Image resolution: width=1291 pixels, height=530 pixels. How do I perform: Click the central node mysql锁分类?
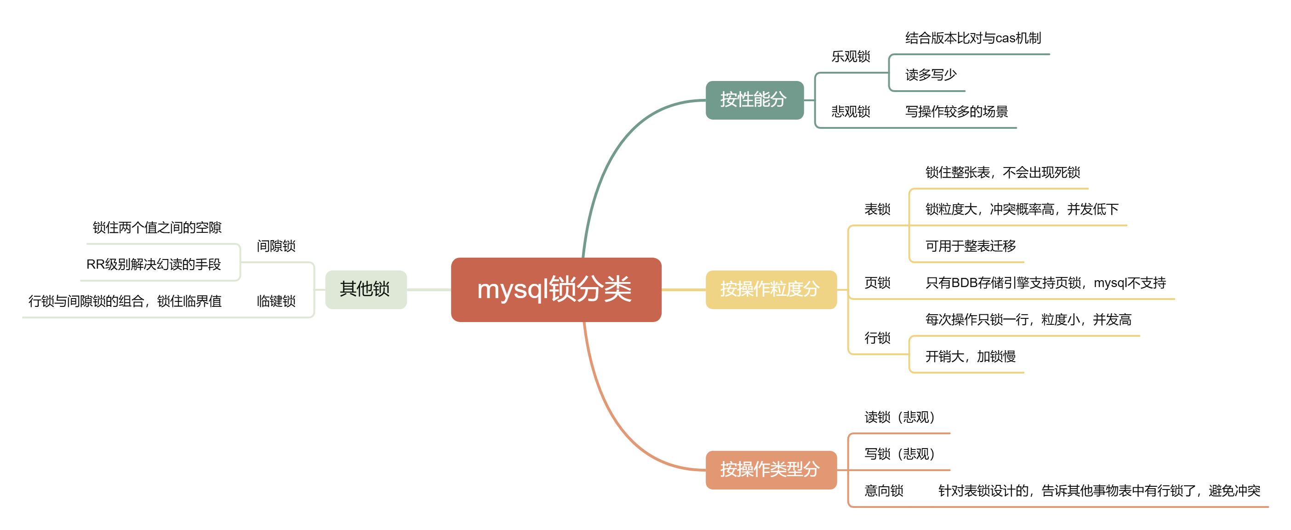556,289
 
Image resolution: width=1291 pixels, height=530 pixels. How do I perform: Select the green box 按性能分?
754,100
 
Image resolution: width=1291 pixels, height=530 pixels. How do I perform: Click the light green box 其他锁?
366,289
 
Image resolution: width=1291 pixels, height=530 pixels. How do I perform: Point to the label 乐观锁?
851,57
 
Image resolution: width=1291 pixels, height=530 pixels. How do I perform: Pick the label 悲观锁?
851,111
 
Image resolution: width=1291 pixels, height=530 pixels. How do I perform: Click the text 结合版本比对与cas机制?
973,38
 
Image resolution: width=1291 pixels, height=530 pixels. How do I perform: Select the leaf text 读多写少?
931,75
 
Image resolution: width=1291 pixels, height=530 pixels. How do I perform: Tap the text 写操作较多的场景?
956,111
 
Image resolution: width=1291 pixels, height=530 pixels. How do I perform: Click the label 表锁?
877,209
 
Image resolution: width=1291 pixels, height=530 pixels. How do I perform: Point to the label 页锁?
877,283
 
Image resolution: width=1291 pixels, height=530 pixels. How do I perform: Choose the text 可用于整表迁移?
970,246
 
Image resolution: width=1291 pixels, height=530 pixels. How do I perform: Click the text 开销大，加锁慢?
970,357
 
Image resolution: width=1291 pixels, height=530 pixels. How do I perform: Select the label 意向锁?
884,490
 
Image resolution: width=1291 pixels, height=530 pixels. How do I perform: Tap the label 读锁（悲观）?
899,417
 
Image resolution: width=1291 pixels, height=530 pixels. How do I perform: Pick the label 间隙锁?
276,246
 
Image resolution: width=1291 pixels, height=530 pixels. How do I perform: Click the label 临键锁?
276,301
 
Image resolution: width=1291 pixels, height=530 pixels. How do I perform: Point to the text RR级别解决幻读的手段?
154,264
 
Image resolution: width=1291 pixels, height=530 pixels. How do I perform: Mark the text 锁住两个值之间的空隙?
157,228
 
